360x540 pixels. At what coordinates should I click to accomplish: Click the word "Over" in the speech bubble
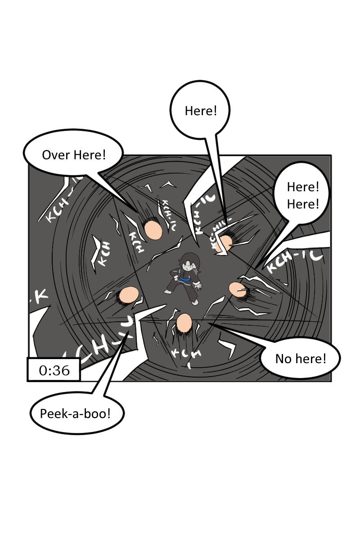56,155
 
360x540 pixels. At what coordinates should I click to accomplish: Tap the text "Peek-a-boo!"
75,414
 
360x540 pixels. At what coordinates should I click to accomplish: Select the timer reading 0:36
54,370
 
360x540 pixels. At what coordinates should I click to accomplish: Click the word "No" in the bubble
283,359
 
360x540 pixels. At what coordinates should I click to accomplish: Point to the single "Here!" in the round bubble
201,111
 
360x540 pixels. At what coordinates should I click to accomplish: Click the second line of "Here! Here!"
303,204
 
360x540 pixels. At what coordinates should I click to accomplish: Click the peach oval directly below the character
184,323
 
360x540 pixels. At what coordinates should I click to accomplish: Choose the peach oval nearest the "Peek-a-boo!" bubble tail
129,295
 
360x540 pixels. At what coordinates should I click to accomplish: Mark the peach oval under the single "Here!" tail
224,243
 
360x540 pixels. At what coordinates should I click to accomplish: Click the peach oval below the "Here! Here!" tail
237,289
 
